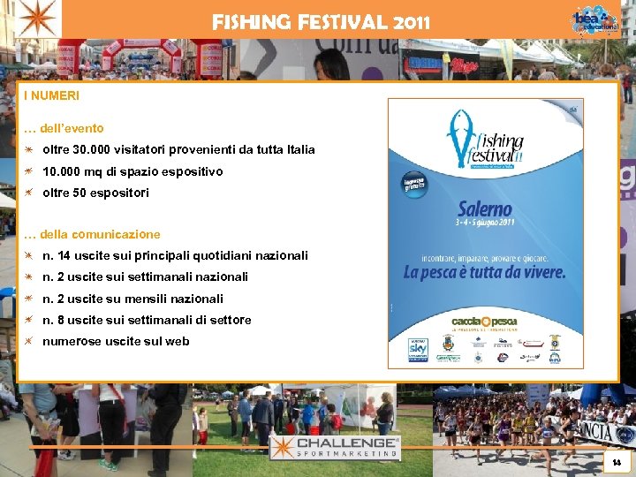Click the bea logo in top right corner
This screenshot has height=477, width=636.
point(594,19)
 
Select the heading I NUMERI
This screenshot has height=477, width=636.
point(51,95)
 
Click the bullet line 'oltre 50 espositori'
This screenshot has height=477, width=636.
point(95,193)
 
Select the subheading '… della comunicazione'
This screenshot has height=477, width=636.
point(92,234)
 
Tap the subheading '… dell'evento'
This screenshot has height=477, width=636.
point(64,128)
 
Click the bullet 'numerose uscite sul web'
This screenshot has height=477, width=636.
point(116,341)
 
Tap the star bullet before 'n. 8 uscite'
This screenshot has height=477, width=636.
point(29,320)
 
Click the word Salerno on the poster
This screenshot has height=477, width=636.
point(485,210)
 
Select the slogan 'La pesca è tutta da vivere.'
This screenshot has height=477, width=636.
point(484,272)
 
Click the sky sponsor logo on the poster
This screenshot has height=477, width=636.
point(417,350)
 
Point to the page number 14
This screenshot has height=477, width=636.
point(617,462)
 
